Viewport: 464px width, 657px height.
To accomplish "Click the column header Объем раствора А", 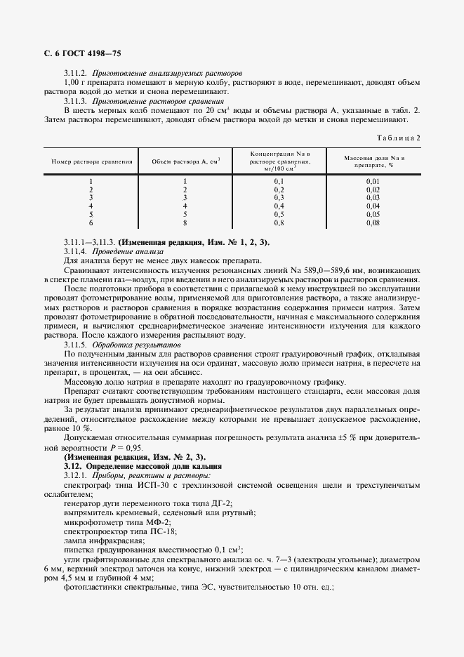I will [186, 161].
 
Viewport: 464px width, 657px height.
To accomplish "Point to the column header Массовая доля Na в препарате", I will [373, 161].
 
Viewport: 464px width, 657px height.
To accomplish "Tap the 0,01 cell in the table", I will [373, 181].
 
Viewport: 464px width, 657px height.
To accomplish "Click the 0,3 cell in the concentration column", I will [279, 197].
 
